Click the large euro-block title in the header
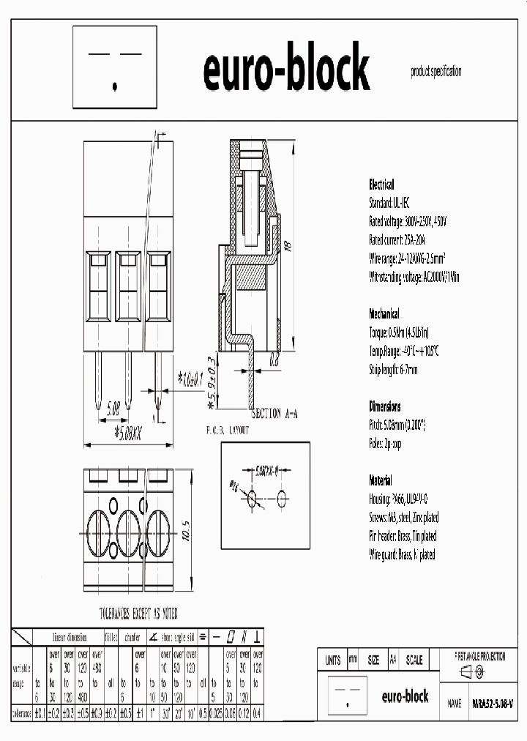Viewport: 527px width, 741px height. [x=286, y=70]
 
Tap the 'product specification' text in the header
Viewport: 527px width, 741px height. [x=436, y=72]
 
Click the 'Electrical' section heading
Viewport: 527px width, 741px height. [x=381, y=185]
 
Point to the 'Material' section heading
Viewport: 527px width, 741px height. [x=380, y=481]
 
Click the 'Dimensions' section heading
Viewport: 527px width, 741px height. [x=384, y=406]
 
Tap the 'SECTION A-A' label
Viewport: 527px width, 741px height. [x=276, y=414]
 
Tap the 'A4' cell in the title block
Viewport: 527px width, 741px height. [x=393, y=660]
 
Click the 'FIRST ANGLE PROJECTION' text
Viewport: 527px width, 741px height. [x=479, y=657]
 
